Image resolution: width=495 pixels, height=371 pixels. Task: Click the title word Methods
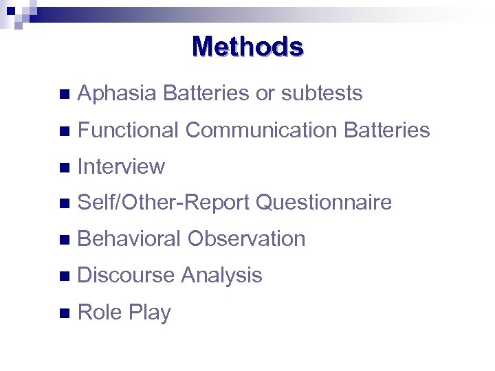247,47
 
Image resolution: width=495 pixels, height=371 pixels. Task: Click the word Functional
129,130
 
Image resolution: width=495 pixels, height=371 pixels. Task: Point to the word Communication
261,130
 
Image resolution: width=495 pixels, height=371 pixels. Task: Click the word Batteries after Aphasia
206,93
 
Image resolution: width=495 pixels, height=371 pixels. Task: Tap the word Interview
122,166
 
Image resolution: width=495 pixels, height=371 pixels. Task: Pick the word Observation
247,239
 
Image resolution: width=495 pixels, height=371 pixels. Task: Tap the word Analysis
221,276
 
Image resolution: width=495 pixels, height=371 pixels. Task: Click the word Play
150,313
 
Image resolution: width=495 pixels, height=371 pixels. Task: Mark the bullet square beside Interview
64,167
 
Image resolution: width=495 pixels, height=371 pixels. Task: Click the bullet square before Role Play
64,313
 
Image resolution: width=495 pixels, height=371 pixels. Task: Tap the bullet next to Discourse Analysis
64,276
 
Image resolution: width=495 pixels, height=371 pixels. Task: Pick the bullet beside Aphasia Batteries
64,94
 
